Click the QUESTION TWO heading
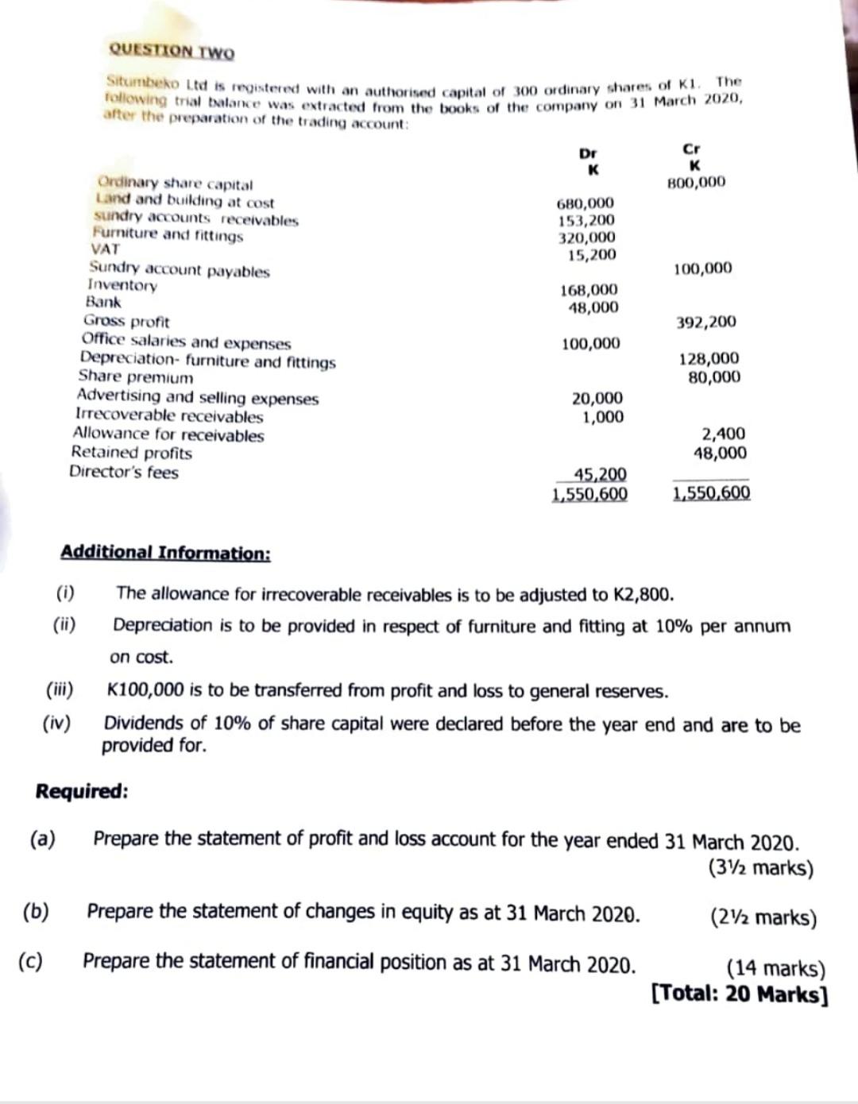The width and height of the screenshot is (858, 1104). coord(172,50)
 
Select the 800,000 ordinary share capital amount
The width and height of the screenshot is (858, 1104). coord(696,183)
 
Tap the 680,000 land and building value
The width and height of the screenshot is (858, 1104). coord(586,203)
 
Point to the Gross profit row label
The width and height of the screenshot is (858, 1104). coord(126,322)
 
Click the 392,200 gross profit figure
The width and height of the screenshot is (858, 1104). coord(705,322)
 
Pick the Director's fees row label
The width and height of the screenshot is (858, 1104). coord(124,473)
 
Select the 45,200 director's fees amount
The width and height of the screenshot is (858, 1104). coord(600,475)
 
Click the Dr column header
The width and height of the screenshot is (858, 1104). coord(588,153)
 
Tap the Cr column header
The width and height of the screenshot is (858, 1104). coord(691,149)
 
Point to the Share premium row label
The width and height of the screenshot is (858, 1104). coord(135,377)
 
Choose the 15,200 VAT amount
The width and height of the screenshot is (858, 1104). coord(592,255)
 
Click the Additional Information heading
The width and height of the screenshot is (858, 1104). coord(165,553)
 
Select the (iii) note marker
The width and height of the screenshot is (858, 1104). coord(60,689)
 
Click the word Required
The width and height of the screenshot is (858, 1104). coord(82,792)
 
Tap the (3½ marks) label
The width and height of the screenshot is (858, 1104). coord(760,868)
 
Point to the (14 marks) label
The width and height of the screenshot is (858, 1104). coord(776,969)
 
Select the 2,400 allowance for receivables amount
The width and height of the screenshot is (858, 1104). coord(723,434)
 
